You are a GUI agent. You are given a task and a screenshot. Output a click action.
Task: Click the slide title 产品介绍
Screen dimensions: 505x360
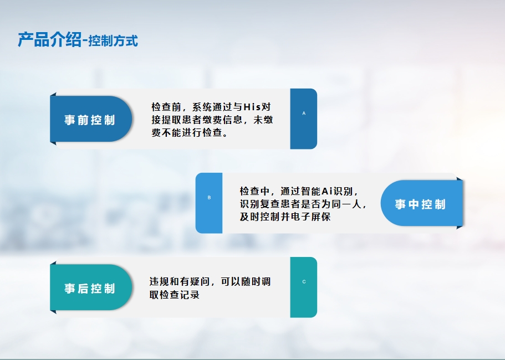pyautogui.click(x=49, y=40)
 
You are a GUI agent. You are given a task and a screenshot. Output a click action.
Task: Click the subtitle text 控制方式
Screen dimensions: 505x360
pyautogui.click(x=113, y=41)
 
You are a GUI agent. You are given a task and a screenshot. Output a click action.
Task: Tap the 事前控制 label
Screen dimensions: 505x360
pyautogui.click(x=90, y=120)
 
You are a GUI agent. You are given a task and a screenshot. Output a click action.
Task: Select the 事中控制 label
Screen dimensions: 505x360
pyautogui.click(x=420, y=204)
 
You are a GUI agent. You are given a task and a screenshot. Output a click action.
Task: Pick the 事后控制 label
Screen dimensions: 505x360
pyautogui.click(x=90, y=288)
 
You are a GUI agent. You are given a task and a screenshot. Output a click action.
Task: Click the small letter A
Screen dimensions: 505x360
pyautogui.click(x=304, y=113)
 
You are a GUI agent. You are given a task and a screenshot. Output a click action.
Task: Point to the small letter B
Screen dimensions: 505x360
pyautogui.click(x=209, y=198)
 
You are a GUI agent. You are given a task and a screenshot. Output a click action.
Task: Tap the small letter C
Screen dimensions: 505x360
pyautogui.click(x=304, y=282)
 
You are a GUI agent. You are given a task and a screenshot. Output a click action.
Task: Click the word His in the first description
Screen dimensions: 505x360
pyautogui.click(x=252, y=106)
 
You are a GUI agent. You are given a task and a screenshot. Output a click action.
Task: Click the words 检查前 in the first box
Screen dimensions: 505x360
pyautogui.click(x=166, y=106)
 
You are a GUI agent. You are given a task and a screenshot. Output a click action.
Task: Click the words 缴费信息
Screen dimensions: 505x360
pyautogui.click(x=222, y=120)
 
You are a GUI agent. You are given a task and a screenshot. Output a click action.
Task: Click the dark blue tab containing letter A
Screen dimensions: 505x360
pyautogui.click(x=304, y=119)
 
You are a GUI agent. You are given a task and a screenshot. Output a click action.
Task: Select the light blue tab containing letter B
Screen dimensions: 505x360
pyautogui.click(x=209, y=203)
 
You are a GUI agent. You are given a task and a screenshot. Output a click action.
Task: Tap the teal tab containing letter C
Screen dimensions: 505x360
pyautogui.click(x=304, y=287)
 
